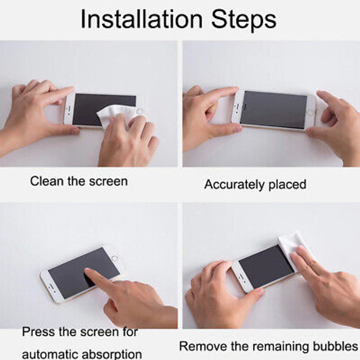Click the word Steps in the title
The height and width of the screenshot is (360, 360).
pyautogui.click(x=244, y=19)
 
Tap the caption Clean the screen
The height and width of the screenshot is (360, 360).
pyautogui.click(x=79, y=181)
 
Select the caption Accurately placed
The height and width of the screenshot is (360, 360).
pyautogui.click(x=255, y=184)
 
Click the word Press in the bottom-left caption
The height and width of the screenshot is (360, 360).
pyautogui.click(x=38, y=333)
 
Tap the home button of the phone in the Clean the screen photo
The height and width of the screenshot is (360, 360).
pyautogui.click(x=140, y=112)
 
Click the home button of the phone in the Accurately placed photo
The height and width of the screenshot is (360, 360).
pyautogui.click(x=309, y=112)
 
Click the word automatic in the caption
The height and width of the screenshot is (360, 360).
pyautogui.click(x=50, y=354)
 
